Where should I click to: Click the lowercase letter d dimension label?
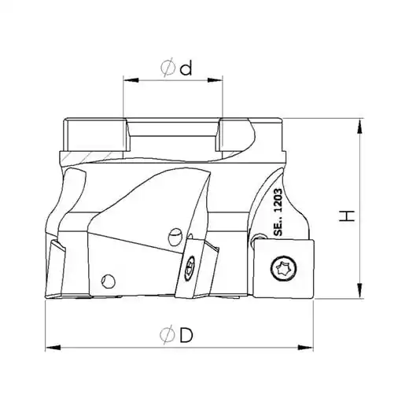click(186, 68)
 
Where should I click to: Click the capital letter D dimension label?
click(186, 335)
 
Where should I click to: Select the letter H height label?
click(347, 216)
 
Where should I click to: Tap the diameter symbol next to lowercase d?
click(168, 68)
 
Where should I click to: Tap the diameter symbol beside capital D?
click(168, 334)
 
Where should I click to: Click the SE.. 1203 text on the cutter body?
click(278, 212)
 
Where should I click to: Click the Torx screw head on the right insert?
click(284, 268)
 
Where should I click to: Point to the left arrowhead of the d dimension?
click(131, 80)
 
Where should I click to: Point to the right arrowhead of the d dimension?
click(215, 80)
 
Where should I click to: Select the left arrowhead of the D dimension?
click(53, 348)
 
